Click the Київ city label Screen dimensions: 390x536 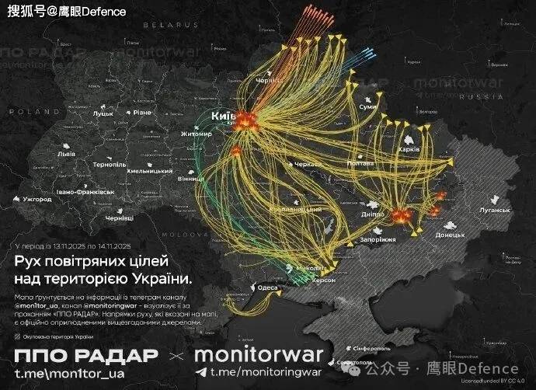[223, 116]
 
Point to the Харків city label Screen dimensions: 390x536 [409, 148]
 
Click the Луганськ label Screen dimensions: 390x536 [493, 210]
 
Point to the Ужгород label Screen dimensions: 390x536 [37, 200]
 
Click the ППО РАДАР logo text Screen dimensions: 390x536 [86, 357]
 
